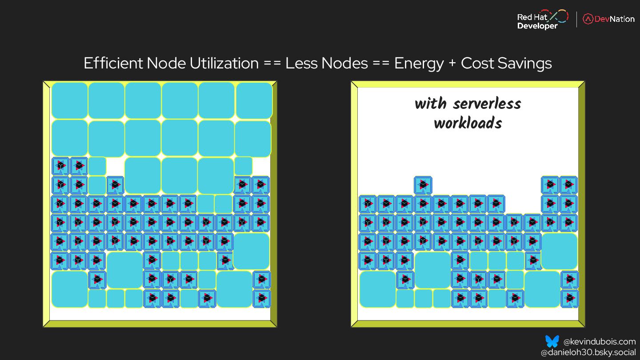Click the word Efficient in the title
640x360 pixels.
click(x=113, y=63)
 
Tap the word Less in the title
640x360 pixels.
click(x=301, y=63)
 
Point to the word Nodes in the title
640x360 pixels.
click(x=345, y=63)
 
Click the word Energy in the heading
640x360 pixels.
click(x=419, y=63)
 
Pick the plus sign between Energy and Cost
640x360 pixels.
click(x=452, y=64)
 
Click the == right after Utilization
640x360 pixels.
click(x=272, y=64)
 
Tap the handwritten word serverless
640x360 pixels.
click(x=487, y=104)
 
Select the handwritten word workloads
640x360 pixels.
click(x=468, y=123)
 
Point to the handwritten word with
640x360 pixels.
click(x=431, y=104)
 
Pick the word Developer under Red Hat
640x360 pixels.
click(x=537, y=26)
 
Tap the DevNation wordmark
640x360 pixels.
click(x=615, y=19)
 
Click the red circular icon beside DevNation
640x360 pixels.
click(x=588, y=19)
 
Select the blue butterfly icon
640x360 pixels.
click(x=552, y=341)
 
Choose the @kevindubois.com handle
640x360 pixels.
click(x=600, y=342)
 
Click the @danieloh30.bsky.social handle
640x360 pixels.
click(x=588, y=352)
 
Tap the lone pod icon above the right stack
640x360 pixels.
click(x=423, y=184)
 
